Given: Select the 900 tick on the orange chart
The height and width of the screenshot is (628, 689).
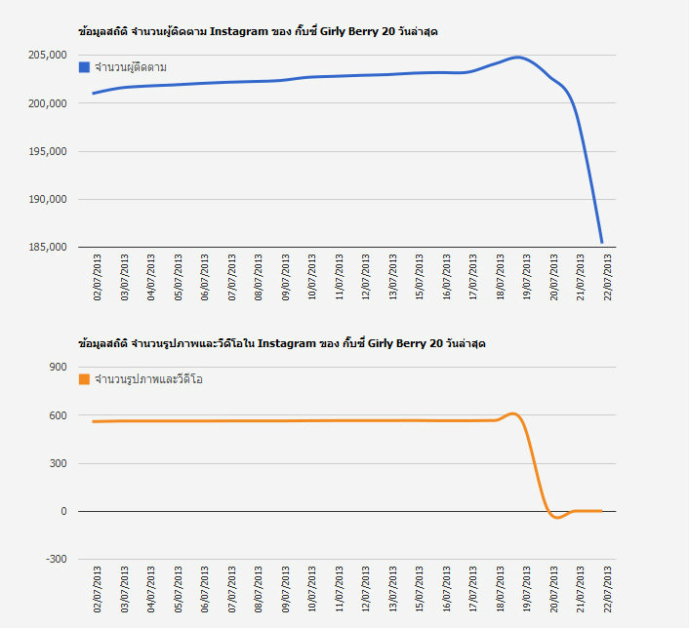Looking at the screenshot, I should point(56,368).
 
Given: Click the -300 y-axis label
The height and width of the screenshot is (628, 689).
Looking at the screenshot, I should point(54,559).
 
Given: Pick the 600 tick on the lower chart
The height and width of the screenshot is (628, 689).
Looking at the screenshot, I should point(56,415).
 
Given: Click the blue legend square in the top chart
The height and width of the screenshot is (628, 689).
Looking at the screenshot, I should point(84,67).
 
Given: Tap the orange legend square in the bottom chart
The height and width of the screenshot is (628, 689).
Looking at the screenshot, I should point(84,379).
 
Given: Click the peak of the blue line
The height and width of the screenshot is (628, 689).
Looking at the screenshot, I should point(517,58).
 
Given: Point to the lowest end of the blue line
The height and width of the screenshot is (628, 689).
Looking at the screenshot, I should point(602,242).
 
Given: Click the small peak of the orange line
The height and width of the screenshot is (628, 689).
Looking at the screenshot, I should point(513,413).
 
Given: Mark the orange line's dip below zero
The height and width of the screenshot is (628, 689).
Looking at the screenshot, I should point(556,517).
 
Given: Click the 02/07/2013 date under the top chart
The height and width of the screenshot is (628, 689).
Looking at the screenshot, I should point(98,279).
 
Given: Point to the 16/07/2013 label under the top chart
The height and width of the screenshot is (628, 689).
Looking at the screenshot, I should point(447,279).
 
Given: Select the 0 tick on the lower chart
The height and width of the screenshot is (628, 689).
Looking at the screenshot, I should point(62,511).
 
